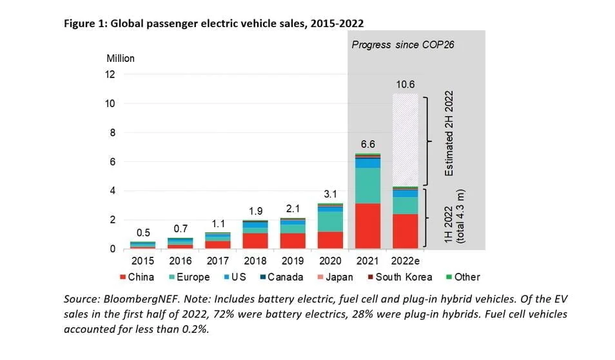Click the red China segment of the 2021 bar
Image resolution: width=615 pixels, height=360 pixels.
(x=367, y=226)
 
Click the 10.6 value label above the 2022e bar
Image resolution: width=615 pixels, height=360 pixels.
(x=405, y=85)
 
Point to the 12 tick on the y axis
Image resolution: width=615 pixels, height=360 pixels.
(x=110, y=74)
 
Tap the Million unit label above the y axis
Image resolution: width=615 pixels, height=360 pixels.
(x=121, y=59)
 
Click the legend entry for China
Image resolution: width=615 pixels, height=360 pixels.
(x=137, y=277)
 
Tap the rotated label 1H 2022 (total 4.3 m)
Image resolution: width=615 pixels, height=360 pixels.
(x=454, y=218)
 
